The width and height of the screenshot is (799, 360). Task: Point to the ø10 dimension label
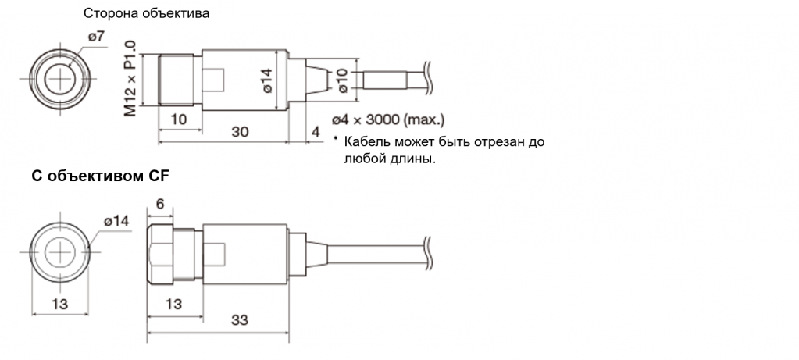341,79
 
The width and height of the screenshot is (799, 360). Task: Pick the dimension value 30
240,133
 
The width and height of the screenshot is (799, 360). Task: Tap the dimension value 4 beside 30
316,133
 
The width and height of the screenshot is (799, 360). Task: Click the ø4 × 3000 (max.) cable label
388,120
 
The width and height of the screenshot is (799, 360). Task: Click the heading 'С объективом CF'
99,177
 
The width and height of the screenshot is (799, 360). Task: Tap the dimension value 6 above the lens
159,204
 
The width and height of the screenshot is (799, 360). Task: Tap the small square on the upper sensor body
213,80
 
